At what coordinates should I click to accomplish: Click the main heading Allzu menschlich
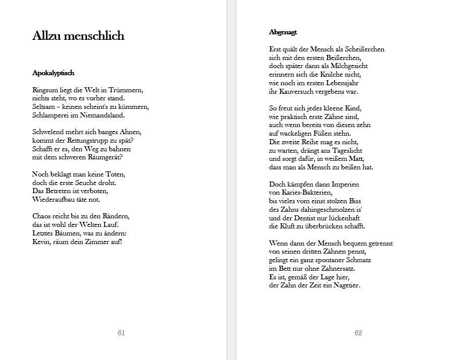[x=78, y=36]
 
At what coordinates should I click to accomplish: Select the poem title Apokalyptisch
[x=53, y=73]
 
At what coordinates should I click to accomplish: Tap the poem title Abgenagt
[x=283, y=32]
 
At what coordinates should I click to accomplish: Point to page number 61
[x=121, y=333]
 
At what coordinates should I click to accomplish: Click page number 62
[x=358, y=333]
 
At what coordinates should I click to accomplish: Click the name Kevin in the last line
[x=41, y=242]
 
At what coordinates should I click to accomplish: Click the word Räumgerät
[x=105, y=157]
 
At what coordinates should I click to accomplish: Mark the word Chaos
[x=42, y=216]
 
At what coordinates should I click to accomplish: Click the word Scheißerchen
[x=364, y=49]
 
